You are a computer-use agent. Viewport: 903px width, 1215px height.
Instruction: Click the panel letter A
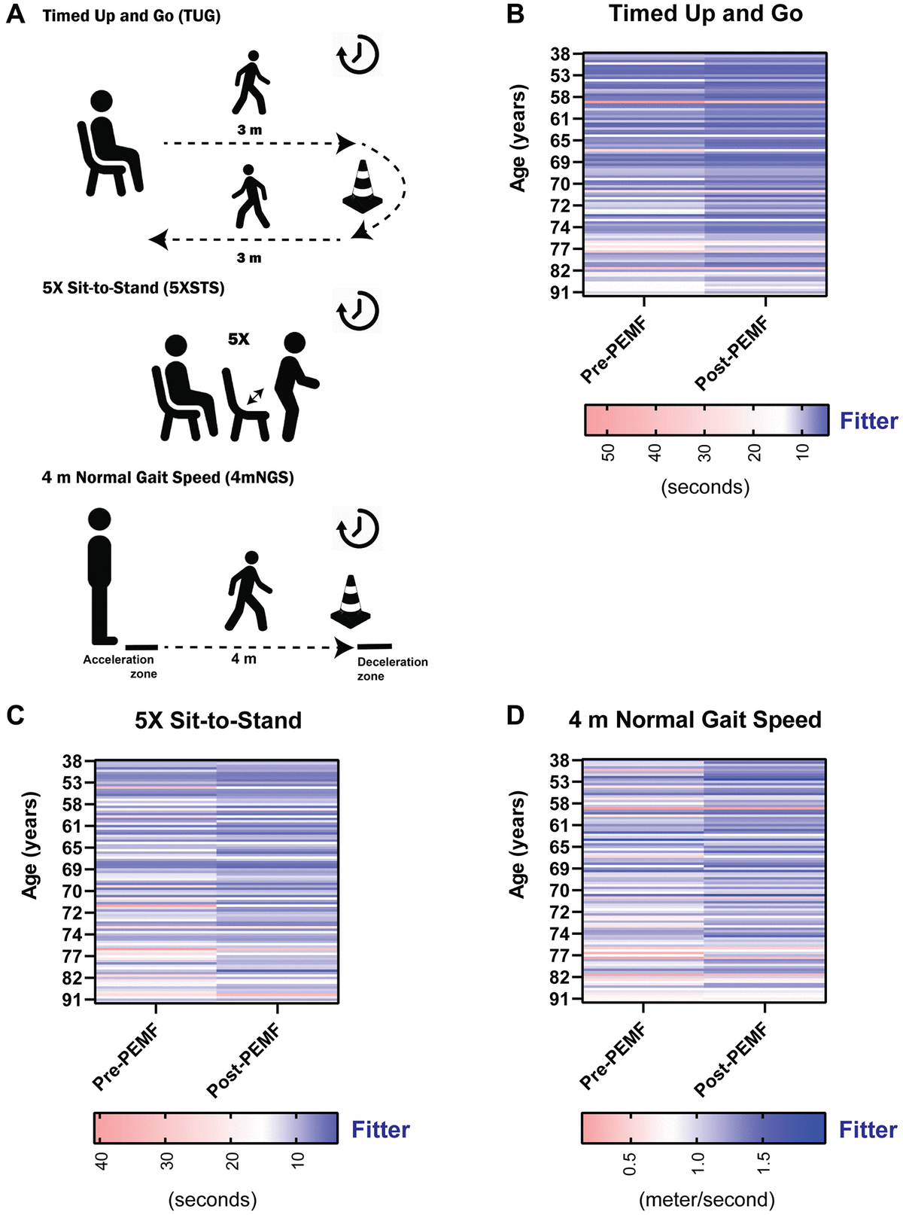(15, 15)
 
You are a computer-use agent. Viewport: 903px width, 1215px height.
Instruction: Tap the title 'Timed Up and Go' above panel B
(705, 14)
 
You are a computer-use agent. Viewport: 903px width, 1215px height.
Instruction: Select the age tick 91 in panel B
(561, 292)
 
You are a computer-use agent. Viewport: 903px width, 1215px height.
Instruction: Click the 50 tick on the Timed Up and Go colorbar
(608, 452)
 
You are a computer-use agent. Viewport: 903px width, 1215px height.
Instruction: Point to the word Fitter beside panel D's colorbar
(868, 1129)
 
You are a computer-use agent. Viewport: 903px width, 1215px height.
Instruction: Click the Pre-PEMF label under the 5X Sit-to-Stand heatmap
(126, 1058)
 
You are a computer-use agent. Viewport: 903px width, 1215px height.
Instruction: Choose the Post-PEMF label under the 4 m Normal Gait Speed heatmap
(731, 1059)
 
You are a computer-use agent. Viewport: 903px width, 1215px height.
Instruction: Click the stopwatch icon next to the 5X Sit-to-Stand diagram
(358, 310)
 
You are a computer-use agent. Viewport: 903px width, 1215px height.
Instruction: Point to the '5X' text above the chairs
(239, 340)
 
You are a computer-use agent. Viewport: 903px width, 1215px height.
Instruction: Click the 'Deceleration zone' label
(392, 668)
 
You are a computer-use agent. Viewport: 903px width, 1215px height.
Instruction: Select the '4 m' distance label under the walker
(244, 659)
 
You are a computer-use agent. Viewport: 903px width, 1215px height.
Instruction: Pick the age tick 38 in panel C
(73, 761)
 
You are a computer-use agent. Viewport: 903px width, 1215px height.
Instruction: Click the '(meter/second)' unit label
(706, 1199)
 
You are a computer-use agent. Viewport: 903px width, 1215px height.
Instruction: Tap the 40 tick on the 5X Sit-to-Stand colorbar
(102, 1161)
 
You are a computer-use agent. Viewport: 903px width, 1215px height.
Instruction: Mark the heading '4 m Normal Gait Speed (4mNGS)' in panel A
(168, 477)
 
